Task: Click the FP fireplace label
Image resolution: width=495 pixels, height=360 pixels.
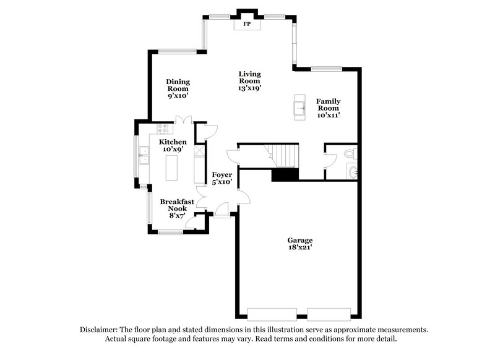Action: (246, 24)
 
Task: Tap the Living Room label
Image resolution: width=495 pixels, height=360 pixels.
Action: (249, 81)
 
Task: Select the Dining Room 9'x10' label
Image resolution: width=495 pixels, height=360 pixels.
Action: (178, 89)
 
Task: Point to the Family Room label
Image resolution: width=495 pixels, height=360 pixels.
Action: (328, 108)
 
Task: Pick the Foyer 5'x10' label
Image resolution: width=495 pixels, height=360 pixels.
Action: (222, 178)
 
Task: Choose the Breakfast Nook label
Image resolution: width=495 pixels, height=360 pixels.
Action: (178, 208)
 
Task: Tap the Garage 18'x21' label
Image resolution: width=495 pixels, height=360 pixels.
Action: (299, 244)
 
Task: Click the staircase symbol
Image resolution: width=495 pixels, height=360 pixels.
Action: (282, 155)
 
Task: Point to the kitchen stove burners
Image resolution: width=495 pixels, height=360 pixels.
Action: (163, 129)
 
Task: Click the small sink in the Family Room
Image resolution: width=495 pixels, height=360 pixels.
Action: (300, 106)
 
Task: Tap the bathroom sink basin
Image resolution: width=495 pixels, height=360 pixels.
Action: (353, 172)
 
